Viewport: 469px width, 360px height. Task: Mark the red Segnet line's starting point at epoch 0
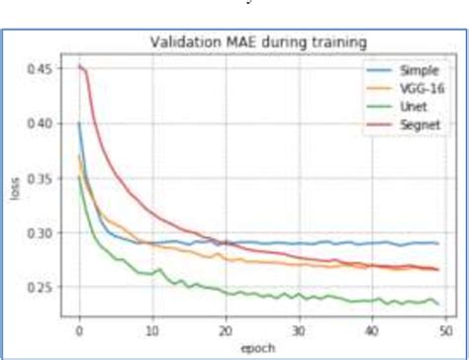click(79, 67)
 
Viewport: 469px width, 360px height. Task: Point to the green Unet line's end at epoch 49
click(437, 304)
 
